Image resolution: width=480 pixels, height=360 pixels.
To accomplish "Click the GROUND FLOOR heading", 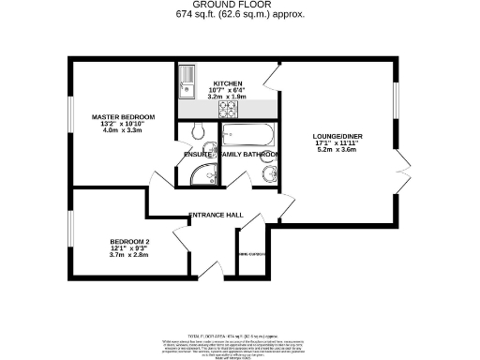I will (x=239, y=5).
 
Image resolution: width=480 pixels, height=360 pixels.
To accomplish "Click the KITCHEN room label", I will (x=229, y=82).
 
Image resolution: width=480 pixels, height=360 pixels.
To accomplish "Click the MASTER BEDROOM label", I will (x=123, y=116).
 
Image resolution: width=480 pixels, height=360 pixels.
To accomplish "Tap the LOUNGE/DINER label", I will (x=337, y=138).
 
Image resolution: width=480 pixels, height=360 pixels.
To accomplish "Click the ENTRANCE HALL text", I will (x=217, y=216).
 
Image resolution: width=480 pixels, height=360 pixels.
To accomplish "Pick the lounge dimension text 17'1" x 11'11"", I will (x=337, y=146).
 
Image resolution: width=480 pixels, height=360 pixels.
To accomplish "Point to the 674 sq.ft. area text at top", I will (x=240, y=16).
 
